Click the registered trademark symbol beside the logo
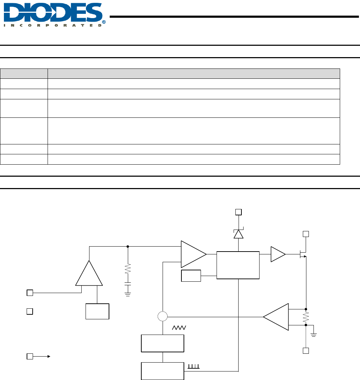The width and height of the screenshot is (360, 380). [104, 22]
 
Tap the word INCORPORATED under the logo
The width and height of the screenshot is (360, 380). [53, 26]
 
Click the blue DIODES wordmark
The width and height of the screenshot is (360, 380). [53, 12]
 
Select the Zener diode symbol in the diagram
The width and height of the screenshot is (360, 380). [239, 233]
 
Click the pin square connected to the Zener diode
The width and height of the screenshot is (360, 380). [239, 212]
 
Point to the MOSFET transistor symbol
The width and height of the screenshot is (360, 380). [303, 254]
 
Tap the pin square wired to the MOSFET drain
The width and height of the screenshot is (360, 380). [306, 234]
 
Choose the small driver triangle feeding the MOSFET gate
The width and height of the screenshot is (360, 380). [278, 254]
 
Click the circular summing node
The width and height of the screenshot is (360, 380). [163, 316]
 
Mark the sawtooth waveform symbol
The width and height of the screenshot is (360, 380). [179, 327]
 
